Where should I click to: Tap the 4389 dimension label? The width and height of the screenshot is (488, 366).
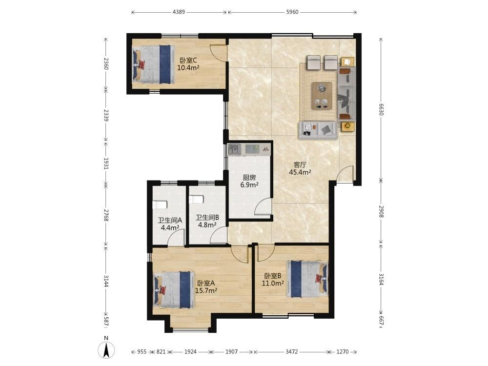coord(179,12)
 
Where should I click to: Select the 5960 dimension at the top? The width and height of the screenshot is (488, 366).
coord(292,12)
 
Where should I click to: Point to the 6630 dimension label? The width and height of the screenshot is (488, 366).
coord(381,109)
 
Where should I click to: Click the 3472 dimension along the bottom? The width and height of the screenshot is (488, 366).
coord(292,352)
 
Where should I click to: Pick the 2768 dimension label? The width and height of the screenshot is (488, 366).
coord(106,215)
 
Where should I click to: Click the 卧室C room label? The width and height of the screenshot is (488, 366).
coord(188,60)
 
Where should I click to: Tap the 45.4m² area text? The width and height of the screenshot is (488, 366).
coord(300,172)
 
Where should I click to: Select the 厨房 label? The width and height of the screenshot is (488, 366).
coord(249,178)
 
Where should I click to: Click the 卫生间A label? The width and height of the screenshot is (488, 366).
coord(170,221)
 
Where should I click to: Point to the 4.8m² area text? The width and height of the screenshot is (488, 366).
coord(207,224)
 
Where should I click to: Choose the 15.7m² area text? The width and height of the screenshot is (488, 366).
coord(206,290)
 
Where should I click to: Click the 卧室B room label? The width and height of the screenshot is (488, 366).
coord(273,276)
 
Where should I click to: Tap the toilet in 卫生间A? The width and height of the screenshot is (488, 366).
coord(160,205)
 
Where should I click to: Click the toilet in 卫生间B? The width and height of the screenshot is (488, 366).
coord(196,199)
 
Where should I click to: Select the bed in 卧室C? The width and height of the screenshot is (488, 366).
coord(153,64)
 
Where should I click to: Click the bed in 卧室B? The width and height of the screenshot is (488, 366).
coord(307,279)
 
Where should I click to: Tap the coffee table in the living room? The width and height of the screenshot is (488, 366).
coord(322,96)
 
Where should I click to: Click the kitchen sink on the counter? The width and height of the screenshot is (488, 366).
coord(234,149)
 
